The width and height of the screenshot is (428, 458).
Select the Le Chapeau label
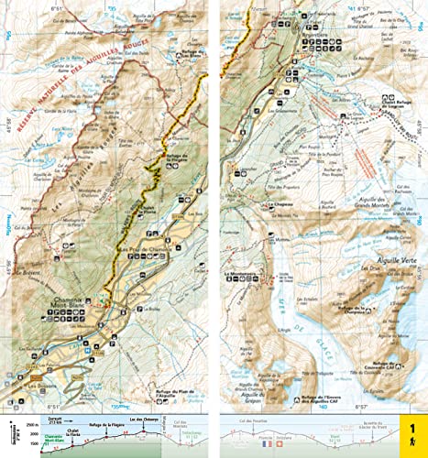coord(280,205)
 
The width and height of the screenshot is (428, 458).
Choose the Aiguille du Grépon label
coord(247,376)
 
